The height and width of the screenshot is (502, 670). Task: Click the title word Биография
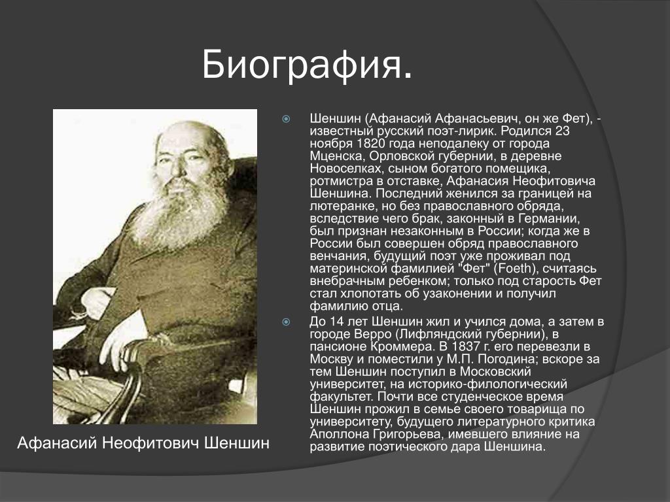pyautogui.click(x=307, y=65)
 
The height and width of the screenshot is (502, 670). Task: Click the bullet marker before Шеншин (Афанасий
pyautogui.click(x=286, y=119)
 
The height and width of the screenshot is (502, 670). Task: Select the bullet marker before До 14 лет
pyautogui.click(x=286, y=322)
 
